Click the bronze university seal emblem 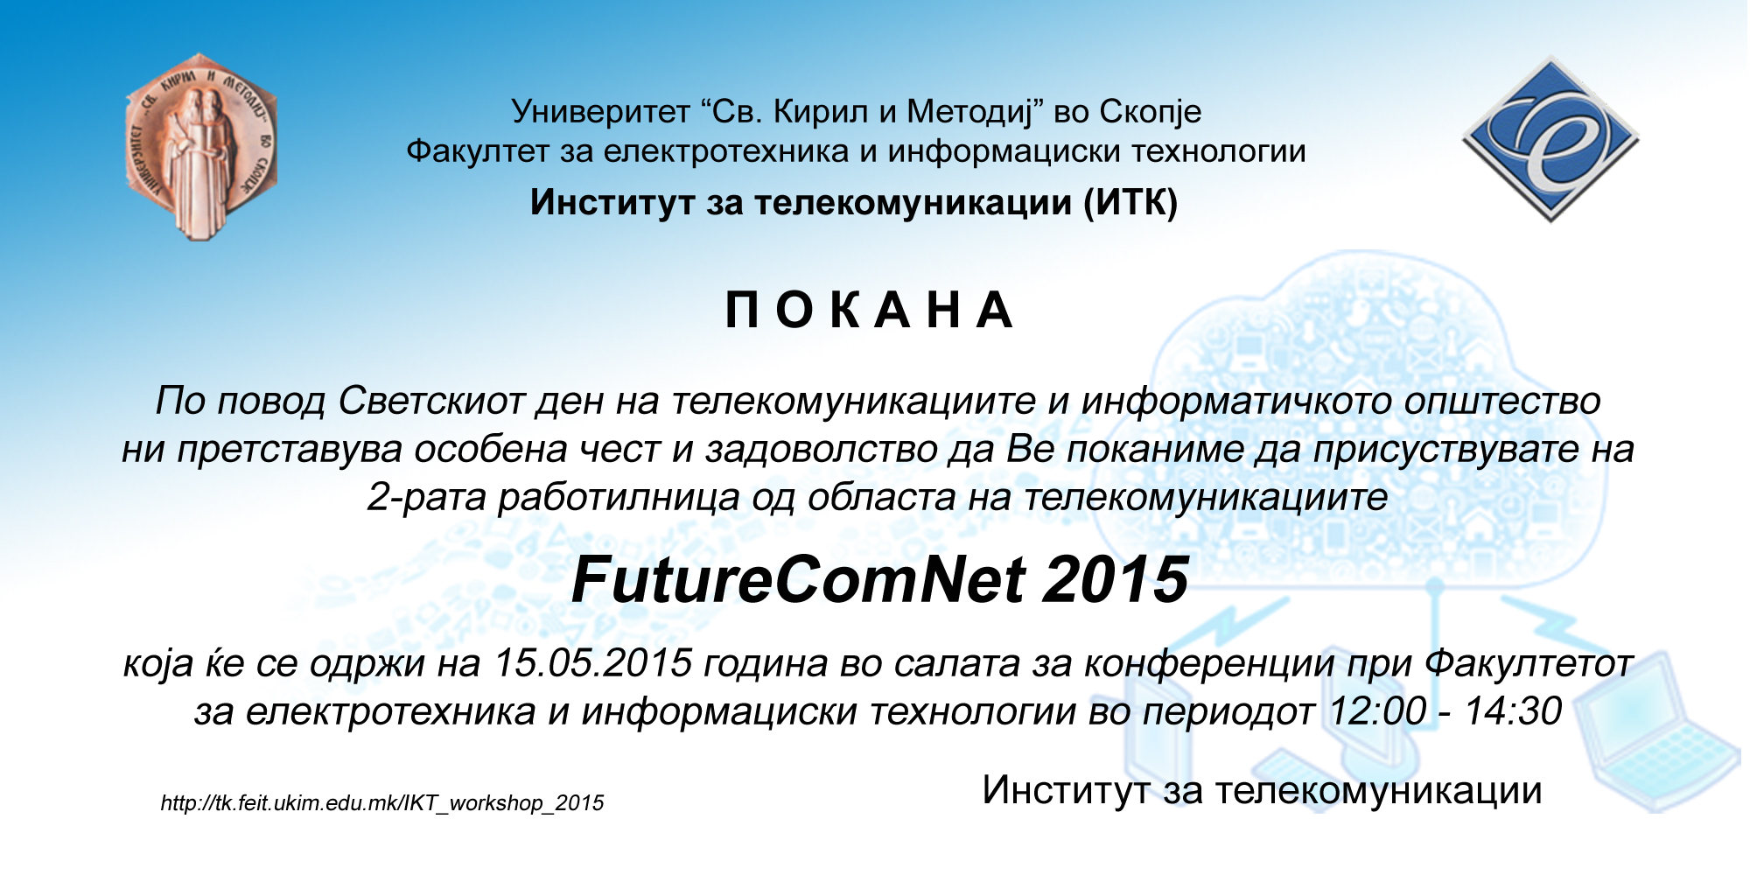point(201,147)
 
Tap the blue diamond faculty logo point(1550,139)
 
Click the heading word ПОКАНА point(870,310)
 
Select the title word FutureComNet point(796,580)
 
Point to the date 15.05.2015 point(593,662)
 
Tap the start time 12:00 point(1377,710)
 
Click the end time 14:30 point(1514,710)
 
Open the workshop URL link point(382,803)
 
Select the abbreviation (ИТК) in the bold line point(1130,203)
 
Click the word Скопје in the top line point(1150,112)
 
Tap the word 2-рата point(427,497)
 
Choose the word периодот point(1228,710)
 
